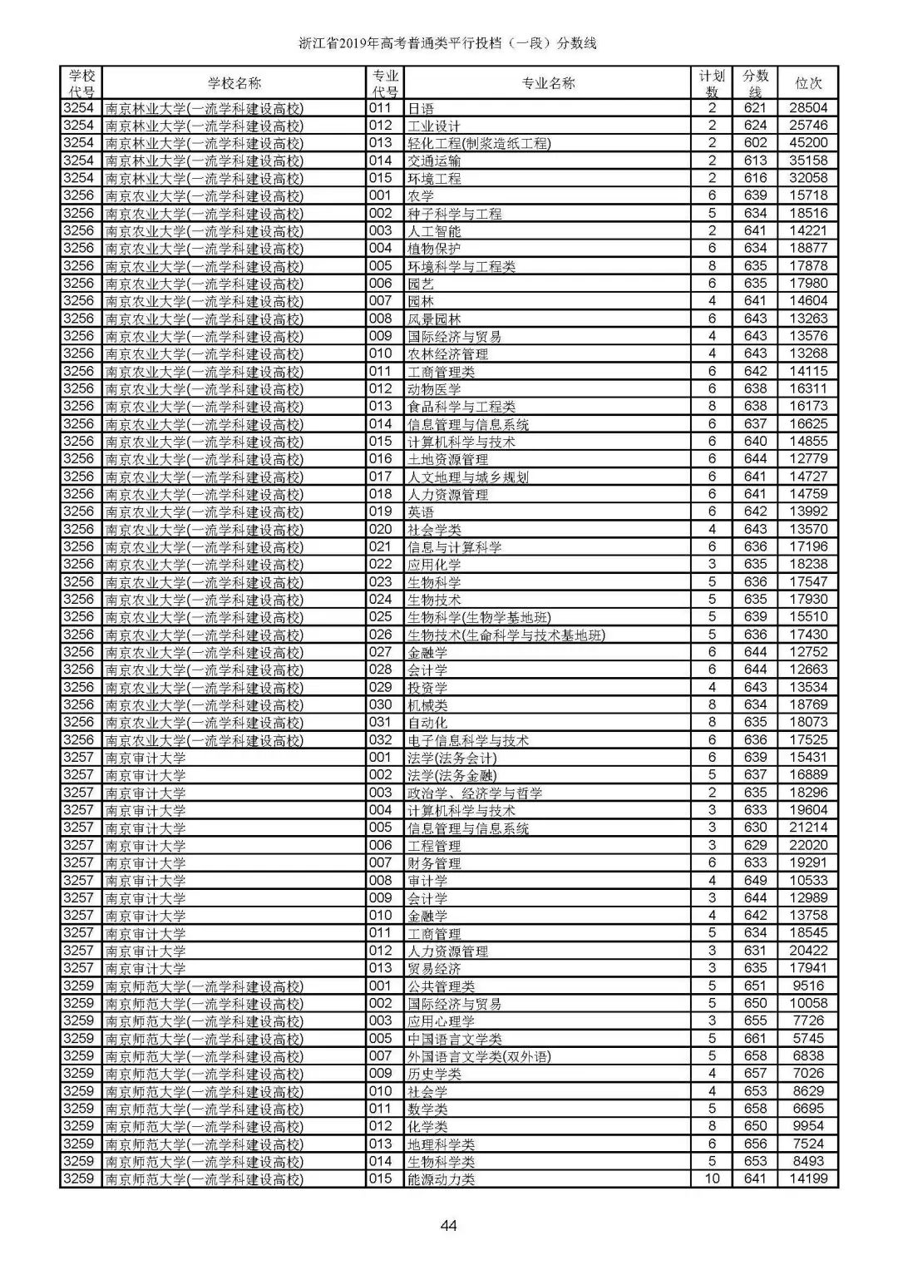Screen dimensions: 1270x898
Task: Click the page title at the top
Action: [x=448, y=43]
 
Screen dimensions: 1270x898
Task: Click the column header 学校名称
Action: [x=234, y=83]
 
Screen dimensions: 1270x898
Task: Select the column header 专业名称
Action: [x=548, y=83]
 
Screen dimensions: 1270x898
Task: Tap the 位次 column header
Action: [x=808, y=83]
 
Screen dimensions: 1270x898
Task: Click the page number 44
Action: [x=448, y=1225]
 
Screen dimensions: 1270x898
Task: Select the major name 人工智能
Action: [x=434, y=231]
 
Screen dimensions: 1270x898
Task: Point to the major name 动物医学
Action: [x=434, y=389]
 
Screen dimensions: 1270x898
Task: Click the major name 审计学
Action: [x=427, y=881]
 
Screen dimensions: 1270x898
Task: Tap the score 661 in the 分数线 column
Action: [x=755, y=1038]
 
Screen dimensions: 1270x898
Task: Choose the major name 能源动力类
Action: [x=441, y=1179]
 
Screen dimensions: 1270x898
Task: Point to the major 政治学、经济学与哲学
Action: [x=475, y=793]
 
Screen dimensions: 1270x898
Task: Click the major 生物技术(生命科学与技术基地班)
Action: [x=506, y=635]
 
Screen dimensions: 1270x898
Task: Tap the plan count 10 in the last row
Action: [x=712, y=1179]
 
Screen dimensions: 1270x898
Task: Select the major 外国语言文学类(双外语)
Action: [x=479, y=1056]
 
